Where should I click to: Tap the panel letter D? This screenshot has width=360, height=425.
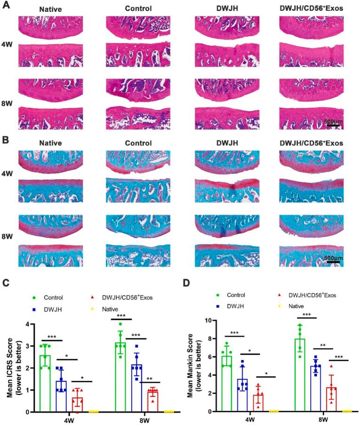187,283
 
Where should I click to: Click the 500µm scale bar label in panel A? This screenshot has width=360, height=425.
333,121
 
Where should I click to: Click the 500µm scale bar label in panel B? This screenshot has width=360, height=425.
333,258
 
